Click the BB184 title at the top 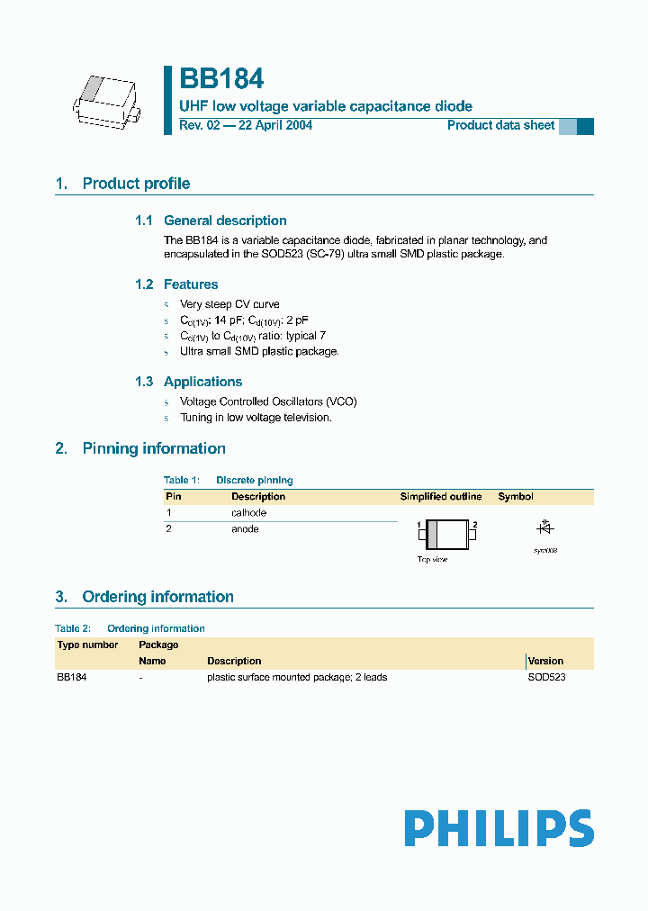pos(221,79)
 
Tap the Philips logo pos(499,828)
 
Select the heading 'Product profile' pos(136,184)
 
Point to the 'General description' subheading pos(225,221)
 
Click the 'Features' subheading pos(190,284)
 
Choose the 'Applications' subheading pos(202,382)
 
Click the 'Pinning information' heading pos(154,448)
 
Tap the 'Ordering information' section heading pos(157,597)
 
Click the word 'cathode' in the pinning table pos(248,512)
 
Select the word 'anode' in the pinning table pos(245,529)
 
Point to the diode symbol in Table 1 pos(544,528)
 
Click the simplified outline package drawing pos(447,535)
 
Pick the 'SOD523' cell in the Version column pos(546,677)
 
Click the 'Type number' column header pos(87,645)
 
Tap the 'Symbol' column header pos(516,496)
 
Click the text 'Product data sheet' pos(500,125)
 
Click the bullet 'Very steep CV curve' pos(229,304)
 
